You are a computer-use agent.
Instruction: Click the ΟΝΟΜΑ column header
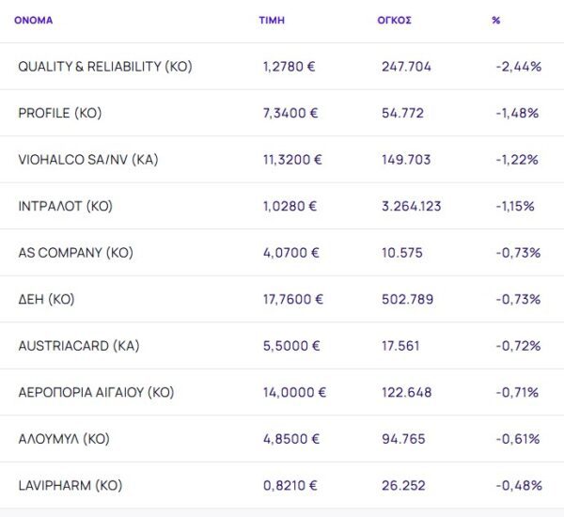point(34,20)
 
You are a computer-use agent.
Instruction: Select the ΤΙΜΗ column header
point(272,20)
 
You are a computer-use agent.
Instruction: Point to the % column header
point(495,20)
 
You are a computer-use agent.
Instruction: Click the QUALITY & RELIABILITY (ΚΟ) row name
point(105,67)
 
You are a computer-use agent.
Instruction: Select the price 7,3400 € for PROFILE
point(290,113)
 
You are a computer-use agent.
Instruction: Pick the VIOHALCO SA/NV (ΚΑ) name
point(88,160)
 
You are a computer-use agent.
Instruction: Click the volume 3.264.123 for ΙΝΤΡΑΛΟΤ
point(411,206)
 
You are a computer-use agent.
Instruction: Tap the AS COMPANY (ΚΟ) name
point(76,253)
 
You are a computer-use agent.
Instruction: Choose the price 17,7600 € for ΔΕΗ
point(292,299)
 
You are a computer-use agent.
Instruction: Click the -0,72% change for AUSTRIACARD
point(516,346)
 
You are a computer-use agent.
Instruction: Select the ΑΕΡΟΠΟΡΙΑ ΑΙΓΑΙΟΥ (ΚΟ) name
point(96,392)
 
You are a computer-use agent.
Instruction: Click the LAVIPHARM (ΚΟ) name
point(70,485)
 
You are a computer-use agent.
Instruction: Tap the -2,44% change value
point(517,67)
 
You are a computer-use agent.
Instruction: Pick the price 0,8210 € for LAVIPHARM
point(290,485)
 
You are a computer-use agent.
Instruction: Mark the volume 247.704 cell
point(406,67)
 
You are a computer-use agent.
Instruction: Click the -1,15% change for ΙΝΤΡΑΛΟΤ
point(514,206)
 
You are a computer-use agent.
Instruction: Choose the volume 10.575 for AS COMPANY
point(402,253)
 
